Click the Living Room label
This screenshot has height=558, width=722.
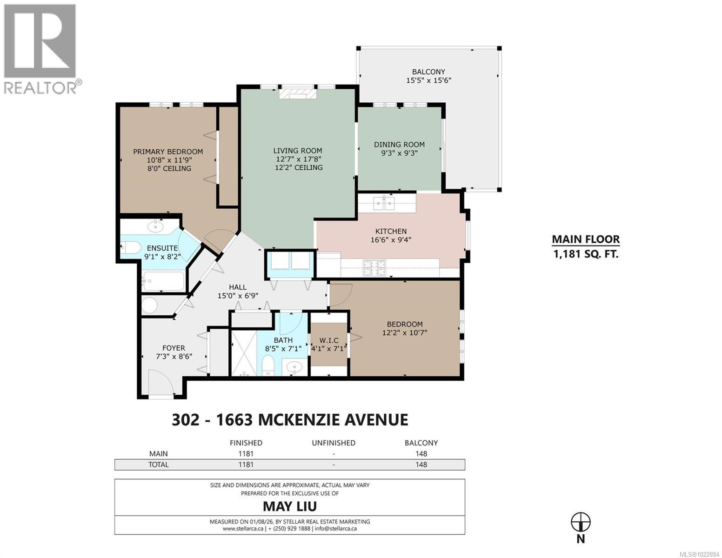point(298,151)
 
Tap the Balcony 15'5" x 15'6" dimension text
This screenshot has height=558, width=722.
point(428,80)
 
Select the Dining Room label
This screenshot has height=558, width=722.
point(399,145)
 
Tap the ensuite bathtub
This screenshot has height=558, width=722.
point(163,281)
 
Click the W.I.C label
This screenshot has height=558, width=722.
point(329,340)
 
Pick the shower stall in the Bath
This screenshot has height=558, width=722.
point(244,352)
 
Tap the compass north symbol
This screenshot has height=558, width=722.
point(581,522)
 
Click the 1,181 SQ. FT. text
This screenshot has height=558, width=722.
point(586,254)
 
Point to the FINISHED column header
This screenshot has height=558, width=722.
point(246,443)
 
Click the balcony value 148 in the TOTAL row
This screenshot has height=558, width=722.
point(421,464)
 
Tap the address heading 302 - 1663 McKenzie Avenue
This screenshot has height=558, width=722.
point(290,419)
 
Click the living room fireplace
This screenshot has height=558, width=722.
point(298,93)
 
